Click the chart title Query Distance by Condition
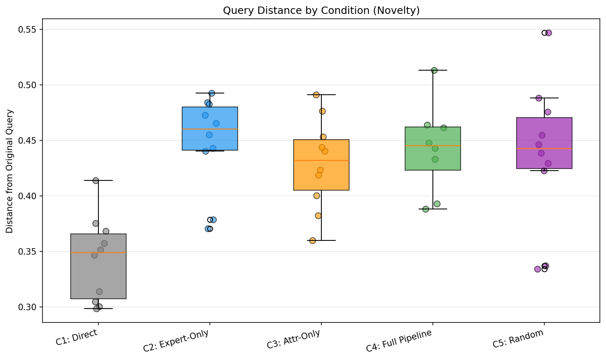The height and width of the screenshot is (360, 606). (321, 11)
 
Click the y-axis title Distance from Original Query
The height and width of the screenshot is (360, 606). (9, 171)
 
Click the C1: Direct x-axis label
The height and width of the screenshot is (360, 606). (77, 338)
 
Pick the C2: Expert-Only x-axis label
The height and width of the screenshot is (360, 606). (176, 341)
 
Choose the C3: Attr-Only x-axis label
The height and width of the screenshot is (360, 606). (293, 340)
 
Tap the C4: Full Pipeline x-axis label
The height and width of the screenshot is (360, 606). (399, 341)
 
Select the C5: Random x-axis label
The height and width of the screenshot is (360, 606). (518, 338)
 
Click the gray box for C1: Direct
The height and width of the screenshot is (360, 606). (98, 278)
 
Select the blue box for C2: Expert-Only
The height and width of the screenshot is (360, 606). (210, 118)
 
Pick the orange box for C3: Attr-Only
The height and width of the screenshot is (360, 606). (321, 173)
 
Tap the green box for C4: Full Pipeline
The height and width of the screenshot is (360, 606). (433, 159)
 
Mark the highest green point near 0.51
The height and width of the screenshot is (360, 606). (434, 70)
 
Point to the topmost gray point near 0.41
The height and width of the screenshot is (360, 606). (96, 180)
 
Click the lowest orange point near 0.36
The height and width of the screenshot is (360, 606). (312, 240)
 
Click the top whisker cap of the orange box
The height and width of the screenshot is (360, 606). (321, 95)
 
